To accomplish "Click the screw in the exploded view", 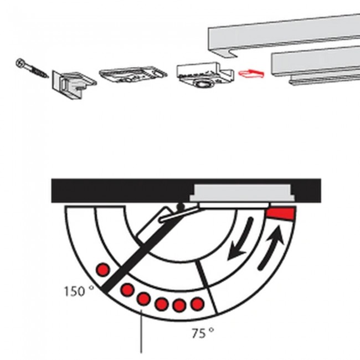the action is pyautogui.click(x=32, y=68).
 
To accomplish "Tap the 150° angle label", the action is pyautogui.click(x=79, y=291).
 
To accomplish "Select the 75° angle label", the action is pyautogui.click(x=203, y=333).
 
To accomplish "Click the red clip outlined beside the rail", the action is pyautogui.click(x=251, y=74).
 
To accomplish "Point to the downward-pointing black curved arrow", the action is pyautogui.click(x=241, y=239).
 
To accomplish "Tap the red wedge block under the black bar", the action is pyautogui.click(x=280, y=214).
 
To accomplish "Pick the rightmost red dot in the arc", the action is pyautogui.click(x=197, y=304).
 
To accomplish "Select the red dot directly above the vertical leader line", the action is pyautogui.click(x=144, y=299).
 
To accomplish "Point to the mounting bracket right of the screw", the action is pyautogui.click(x=74, y=84).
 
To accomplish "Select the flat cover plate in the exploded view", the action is pyautogui.click(x=133, y=75).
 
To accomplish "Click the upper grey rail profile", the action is pyautogui.click(x=284, y=35).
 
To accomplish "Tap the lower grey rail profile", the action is pyautogui.click(x=316, y=66).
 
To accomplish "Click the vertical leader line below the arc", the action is pyautogui.click(x=141, y=331).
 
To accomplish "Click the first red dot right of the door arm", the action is pyautogui.click(x=127, y=290).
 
